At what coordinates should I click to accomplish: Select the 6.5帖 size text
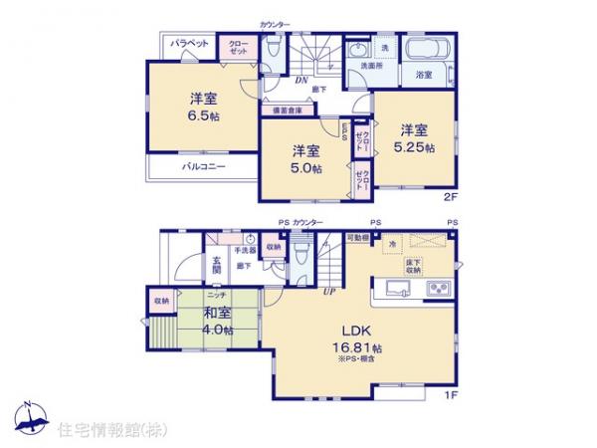(205, 115)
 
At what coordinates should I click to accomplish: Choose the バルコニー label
(202, 166)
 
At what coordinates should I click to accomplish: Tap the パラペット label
(187, 44)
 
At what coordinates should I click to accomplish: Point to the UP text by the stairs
(327, 290)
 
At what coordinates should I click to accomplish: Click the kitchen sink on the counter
(394, 290)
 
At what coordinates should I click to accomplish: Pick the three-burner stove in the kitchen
(438, 290)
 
